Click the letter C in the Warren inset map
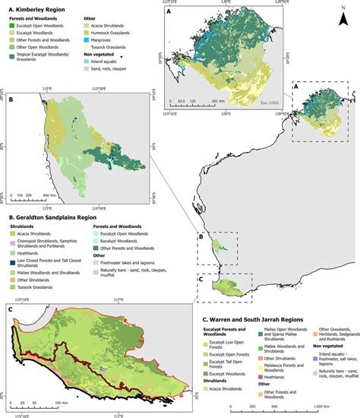click(10, 309)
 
